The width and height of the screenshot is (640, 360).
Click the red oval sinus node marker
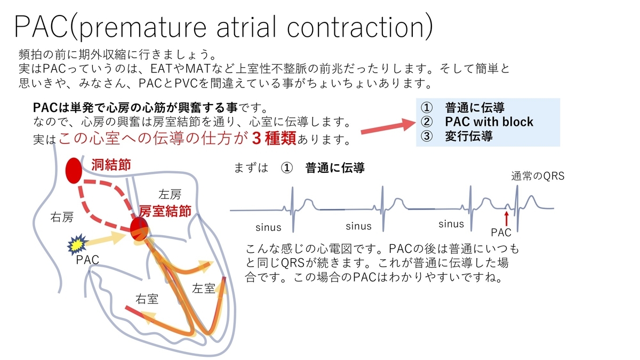(74, 170)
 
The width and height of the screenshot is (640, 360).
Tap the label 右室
(147, 299)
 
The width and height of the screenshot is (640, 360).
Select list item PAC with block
(489, 122)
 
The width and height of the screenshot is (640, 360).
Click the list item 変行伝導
(468, 135)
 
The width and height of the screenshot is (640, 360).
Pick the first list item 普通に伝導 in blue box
(475, 108)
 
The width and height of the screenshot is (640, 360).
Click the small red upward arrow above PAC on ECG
(506, 218)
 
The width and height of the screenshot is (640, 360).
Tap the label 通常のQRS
(538, 177)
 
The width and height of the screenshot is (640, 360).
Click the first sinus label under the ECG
(268, 227)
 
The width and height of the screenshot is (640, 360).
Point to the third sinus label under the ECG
(451, 225)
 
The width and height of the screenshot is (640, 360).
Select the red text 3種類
(272, 139)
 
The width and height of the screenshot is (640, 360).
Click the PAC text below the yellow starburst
(87, 260)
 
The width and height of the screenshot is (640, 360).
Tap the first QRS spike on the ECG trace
(291, 200)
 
